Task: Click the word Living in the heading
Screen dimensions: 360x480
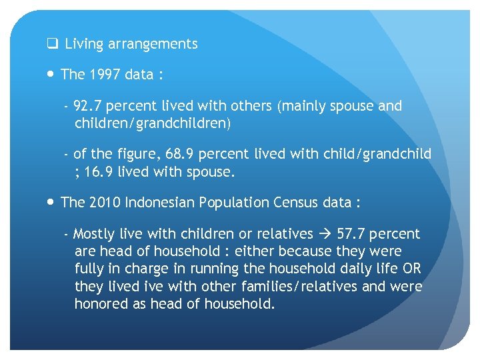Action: click(x=84, y=45)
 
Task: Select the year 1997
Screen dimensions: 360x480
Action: click(x=102, y=75)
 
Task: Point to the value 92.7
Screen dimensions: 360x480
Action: click(x=88, y=106)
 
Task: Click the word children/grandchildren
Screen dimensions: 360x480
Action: click(x=151, y=123)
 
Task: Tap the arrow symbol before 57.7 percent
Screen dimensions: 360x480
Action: click(x=325, y=234)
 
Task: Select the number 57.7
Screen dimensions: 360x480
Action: click(x=351, y=234)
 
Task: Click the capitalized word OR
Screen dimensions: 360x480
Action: click(x=411, y=269)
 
